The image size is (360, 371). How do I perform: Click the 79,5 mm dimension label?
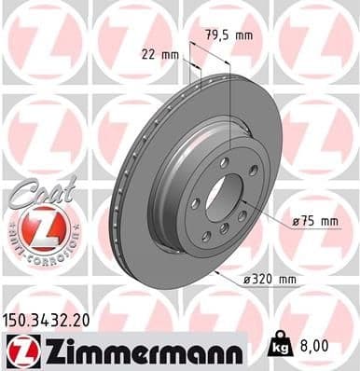click(228, 36)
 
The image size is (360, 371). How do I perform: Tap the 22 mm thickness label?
click(159, 54)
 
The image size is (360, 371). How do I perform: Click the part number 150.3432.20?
click(50, 320)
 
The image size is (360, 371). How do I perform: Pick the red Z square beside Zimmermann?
click(20, 349)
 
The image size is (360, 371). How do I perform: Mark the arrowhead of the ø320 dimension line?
click(216, 273)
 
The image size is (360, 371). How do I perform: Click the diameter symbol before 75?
click(295, 221)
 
